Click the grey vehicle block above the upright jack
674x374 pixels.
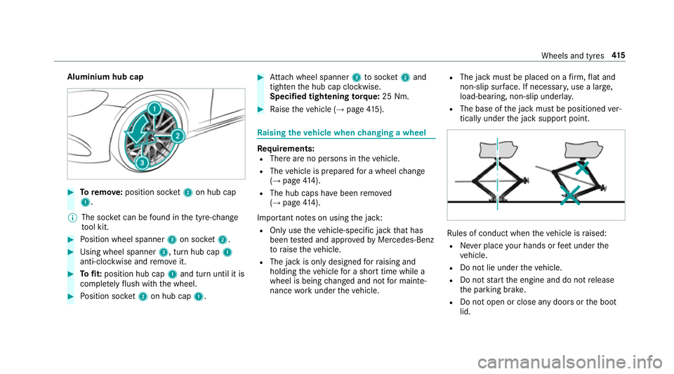497,150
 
